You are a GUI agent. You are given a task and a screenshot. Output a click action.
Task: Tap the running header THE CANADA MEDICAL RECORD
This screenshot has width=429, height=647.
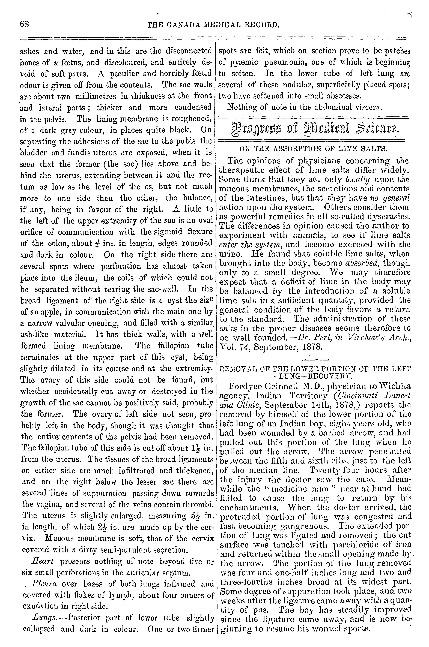(213, 25)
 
